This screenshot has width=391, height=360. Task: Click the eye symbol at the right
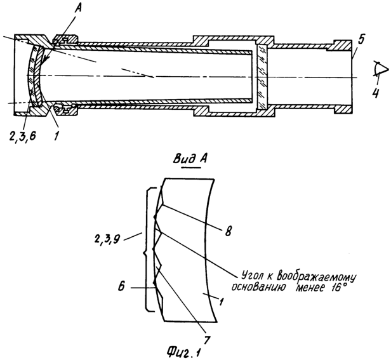(x=381, y=67)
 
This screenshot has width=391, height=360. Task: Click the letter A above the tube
(x=79, y=9)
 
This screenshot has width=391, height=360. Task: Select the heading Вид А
(x=190, y=159)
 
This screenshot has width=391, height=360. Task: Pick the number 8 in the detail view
(x=228, y=231)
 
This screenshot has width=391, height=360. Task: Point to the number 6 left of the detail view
(x=121, y=286)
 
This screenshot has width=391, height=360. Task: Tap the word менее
(x=310, y=288)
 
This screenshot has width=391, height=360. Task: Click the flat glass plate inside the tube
(x=262, y=77)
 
